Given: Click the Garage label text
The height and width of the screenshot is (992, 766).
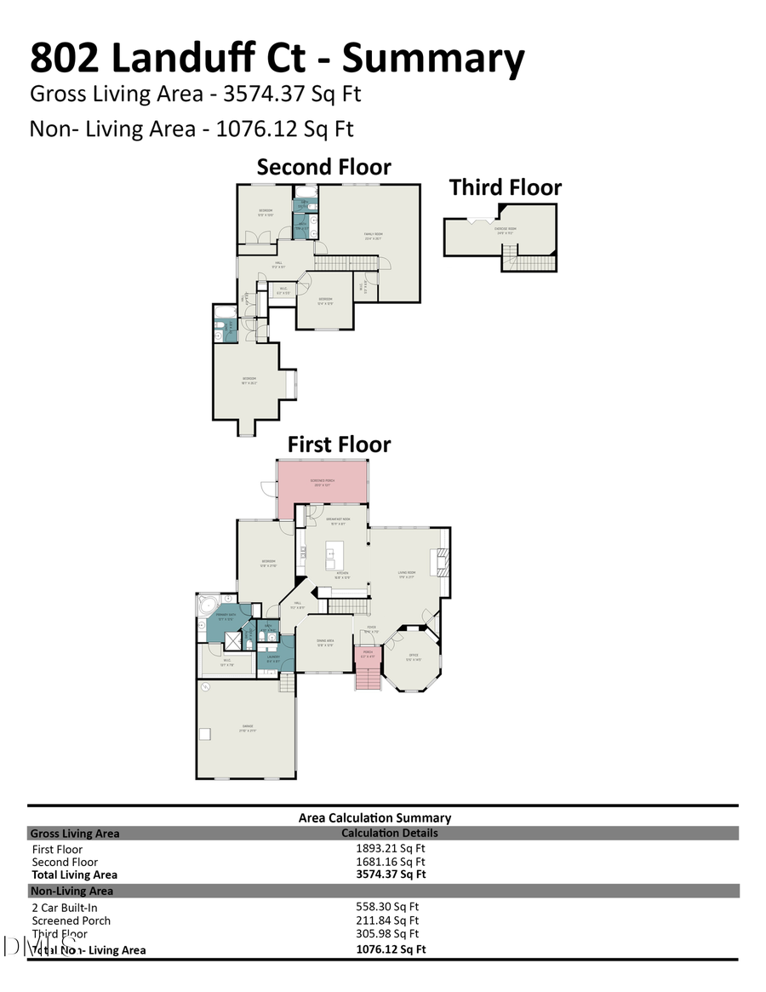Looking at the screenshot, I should [x=246, y=726].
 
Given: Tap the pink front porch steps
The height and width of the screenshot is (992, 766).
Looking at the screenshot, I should [x=368, y=679].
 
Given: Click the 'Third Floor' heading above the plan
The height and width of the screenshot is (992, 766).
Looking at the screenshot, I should [x=505, y=187].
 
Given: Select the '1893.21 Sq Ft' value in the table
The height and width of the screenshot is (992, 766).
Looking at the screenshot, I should [x=390, y=848].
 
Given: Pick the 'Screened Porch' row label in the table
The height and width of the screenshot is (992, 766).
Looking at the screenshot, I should [x=71, y=920].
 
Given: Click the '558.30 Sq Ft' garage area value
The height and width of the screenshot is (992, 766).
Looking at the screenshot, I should [x=386, y=907].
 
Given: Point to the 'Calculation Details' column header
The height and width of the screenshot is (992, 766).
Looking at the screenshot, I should [x=389, y=833].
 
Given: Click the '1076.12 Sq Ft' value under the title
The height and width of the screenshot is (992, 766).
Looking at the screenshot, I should [x=285, y=129].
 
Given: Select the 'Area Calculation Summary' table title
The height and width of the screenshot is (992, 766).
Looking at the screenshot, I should [x=374, y=817].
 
